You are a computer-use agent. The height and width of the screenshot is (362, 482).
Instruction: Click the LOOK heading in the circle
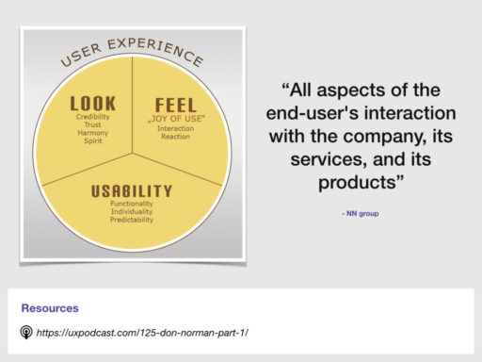click(x=92, y=102)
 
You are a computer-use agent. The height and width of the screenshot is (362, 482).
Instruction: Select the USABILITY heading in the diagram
click(x=132, y=191)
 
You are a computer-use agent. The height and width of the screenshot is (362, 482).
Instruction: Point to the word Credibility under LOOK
click(x=92, y=117)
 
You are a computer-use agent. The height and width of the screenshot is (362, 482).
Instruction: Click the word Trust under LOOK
click(x=92, y=125)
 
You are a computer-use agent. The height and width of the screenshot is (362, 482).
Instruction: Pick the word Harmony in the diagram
click(x=92, y=134)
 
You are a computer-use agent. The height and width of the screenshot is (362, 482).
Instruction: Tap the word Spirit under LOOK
click(x=92, y=142)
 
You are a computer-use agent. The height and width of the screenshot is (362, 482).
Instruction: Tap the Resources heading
click(x=50, y=308)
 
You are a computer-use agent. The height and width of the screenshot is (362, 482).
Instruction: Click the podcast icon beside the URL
click(x=27, y=333)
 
